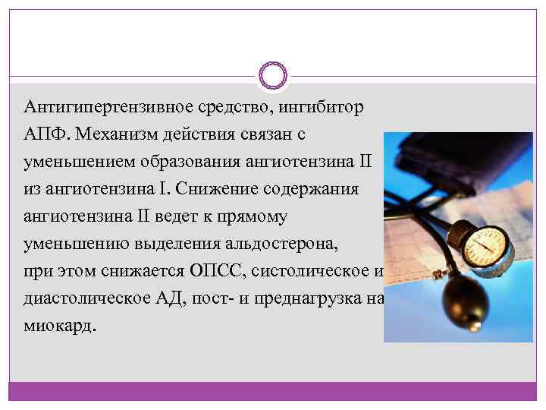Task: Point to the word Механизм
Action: point(115,134)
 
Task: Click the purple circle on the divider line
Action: point(273,75)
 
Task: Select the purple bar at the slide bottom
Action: point(273,391)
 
